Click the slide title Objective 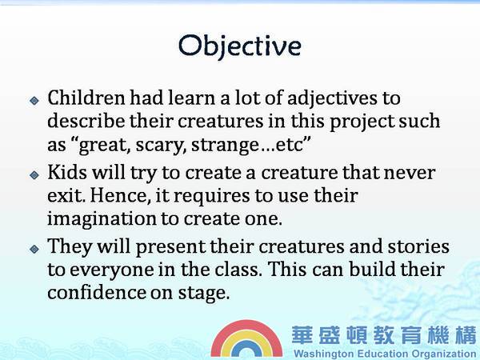tap(240, 46)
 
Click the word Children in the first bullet tap(86, 98)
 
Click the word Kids tap(67, 172)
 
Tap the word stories tap(418, 246)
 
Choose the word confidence tap(97, 292)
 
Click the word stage tap(204, 294)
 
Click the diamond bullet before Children tap(34, 101)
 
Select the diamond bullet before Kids tap(34, 174)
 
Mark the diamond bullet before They tap(34, 249)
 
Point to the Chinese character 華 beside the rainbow tap(302, 335)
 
